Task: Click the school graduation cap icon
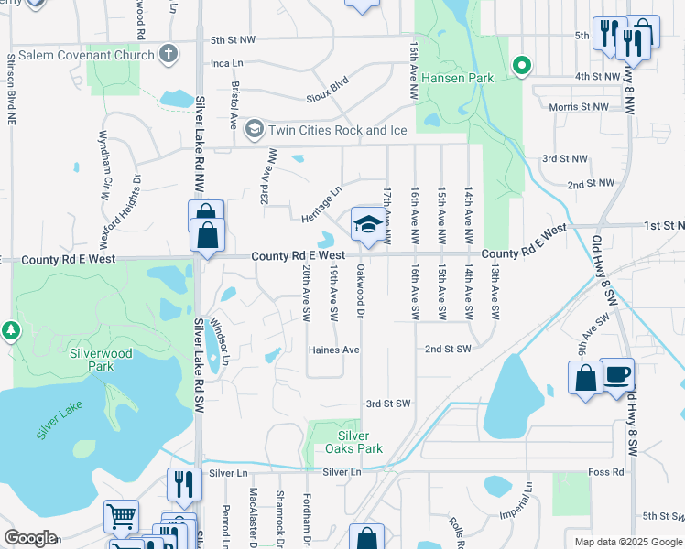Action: (x=368, y=224)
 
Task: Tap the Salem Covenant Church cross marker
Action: (x=167, y=55)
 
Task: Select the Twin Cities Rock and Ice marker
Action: (x=254, y=130)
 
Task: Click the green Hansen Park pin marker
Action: (x=521, y=65)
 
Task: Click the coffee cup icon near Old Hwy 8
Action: (x=617, y=375)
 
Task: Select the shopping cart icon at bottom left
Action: (x=122, y=517)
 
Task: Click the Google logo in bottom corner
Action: (x=30, y=538)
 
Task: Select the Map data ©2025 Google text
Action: (x=627, y=542)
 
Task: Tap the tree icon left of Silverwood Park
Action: (x=11, y=329)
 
